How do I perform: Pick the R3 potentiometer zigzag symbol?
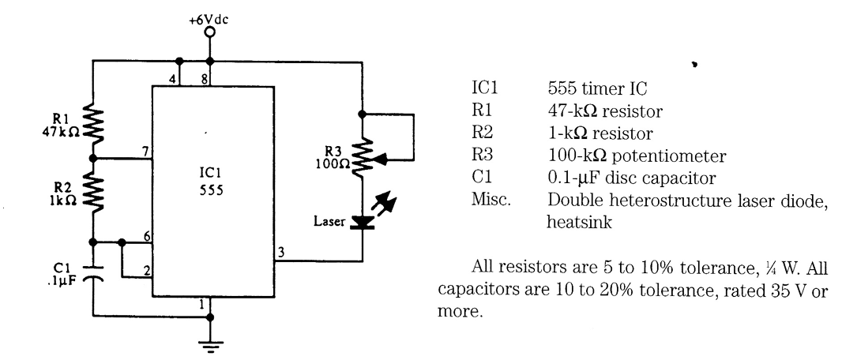(362, 157)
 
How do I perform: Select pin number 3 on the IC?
(280, 252)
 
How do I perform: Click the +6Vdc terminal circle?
(209, 35)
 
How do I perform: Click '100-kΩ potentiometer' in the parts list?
(617, 141)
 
